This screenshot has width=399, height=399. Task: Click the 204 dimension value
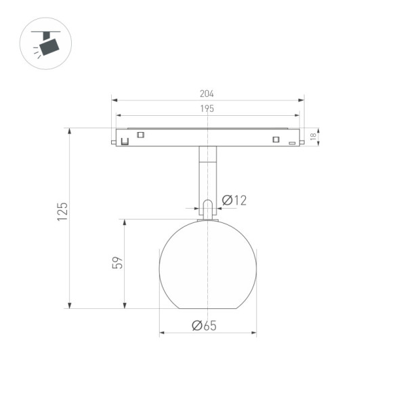point(207,94)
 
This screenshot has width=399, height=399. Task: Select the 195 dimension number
point(207,108)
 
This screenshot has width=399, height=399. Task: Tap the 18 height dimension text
point(313,137)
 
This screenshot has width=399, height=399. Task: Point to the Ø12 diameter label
point(234,200)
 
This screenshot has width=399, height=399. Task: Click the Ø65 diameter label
point(204,325)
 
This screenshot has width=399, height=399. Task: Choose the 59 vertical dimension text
point(117,263)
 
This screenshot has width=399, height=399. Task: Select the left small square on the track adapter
point(141,134)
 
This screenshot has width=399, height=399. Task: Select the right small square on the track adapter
point(275,140)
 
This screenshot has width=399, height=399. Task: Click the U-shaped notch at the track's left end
point(125,141)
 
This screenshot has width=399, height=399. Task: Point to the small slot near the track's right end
point(292,143)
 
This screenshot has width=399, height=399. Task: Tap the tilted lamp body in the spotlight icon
point(49,47)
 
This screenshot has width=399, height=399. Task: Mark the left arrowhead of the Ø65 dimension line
point(162,333)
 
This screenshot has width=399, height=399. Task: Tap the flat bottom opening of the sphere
point(207,308)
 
